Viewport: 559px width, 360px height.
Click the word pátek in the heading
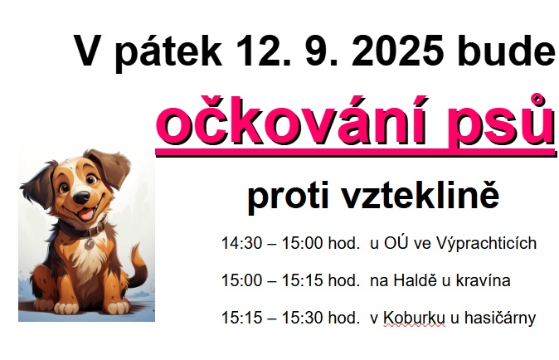click(168, 52)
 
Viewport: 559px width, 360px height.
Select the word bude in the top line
click(508, 50)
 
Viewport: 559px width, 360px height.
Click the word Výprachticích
click(486, 244)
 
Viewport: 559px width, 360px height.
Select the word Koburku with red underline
click(415, 318)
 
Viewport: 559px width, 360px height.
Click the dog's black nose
click(82, 197)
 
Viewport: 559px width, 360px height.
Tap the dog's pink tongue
click(86, 214)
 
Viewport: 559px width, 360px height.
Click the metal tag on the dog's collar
click(90, 243)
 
